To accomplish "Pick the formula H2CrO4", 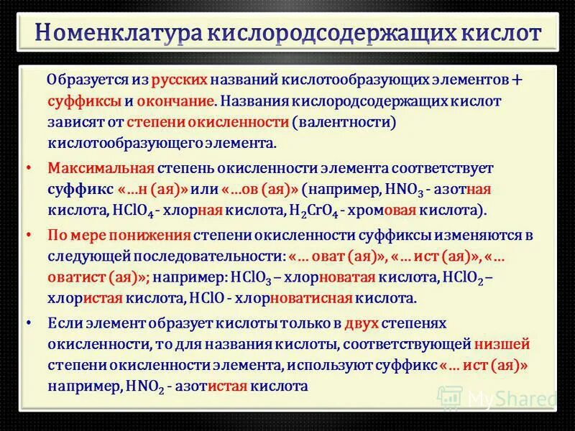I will (x=313, y=211).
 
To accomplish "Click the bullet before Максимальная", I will (x=28, y=167).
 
